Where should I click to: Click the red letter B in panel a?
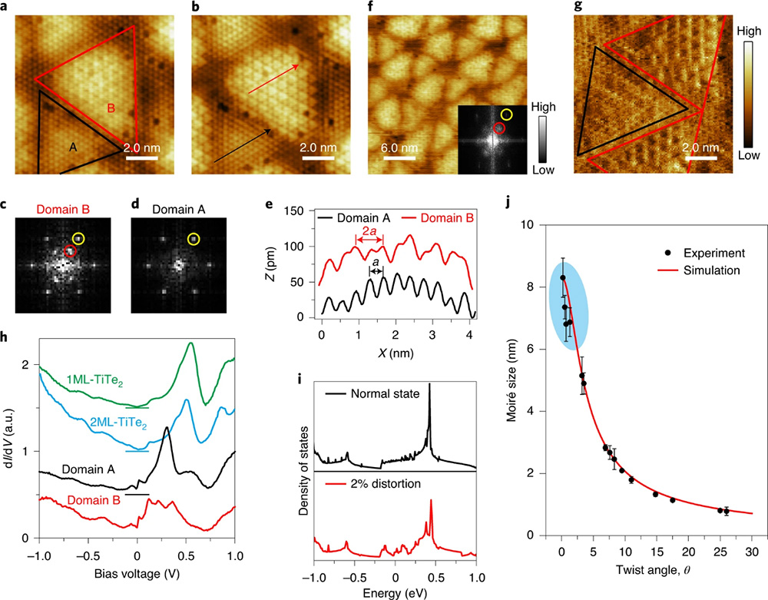[x=111, y=109]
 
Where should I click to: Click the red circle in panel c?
[x=70, y=250]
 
